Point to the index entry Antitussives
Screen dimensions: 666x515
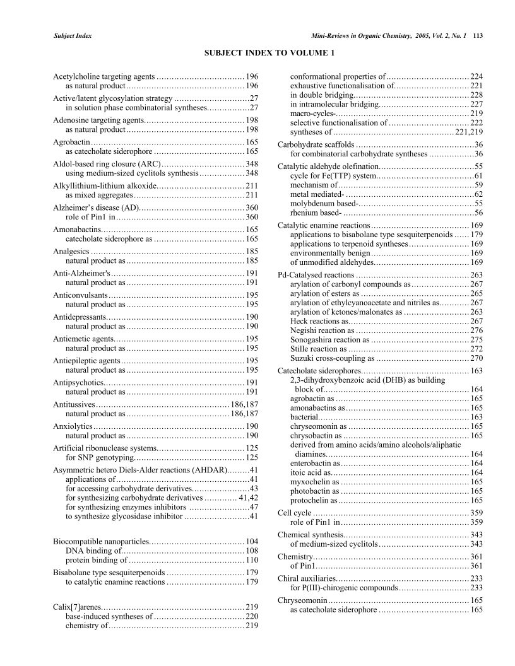74,404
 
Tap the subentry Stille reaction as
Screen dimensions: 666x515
318,349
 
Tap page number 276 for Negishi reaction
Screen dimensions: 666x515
477,330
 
